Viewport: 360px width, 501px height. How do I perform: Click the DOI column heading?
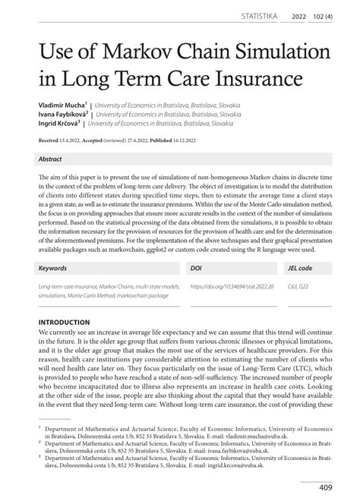(x=195, y=269)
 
